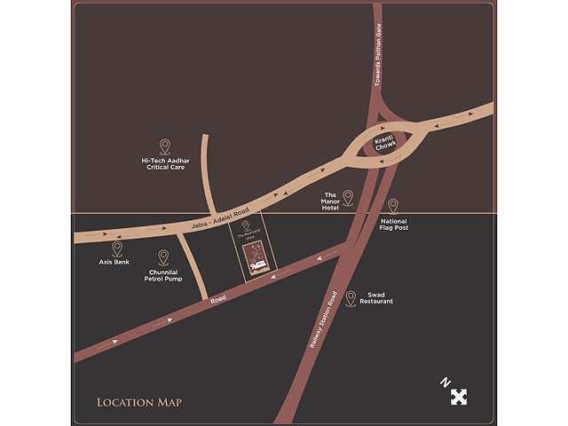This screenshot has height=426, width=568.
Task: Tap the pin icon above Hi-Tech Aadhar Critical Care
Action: tap(165, 146)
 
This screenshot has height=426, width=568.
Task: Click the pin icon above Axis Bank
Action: tap(117, 248)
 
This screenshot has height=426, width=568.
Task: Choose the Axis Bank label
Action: tap(115, 263)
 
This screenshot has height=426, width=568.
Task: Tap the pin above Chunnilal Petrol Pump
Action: tap(163, 257)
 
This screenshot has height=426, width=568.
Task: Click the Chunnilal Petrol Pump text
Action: tap(164, 275)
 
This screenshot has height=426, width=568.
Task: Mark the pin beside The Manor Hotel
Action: tap(348, 197)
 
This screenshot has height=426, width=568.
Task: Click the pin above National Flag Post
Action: tap(393, 206)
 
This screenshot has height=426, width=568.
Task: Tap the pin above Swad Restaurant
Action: tap(351, 298)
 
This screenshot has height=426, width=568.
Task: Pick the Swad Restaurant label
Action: tap(375, 298)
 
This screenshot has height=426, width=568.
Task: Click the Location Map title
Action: tap(139, 403)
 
